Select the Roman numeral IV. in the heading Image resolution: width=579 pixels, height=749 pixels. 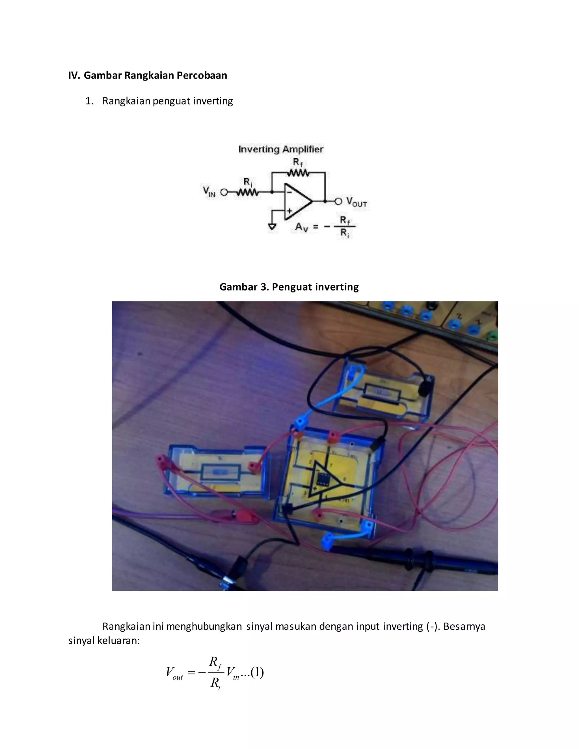click(74, 75)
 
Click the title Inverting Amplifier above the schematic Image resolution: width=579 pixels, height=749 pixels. click(280, 149)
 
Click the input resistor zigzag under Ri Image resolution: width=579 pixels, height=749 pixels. click(247, 193)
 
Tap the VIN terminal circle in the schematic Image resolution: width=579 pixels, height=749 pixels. click(224, 192)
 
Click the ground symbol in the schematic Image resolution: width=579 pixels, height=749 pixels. click(272, 227)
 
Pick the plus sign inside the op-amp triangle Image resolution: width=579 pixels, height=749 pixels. click(289, 211)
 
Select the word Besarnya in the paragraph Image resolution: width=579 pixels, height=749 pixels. click(464, 627)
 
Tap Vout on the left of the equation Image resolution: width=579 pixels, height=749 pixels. click(174, 673)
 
